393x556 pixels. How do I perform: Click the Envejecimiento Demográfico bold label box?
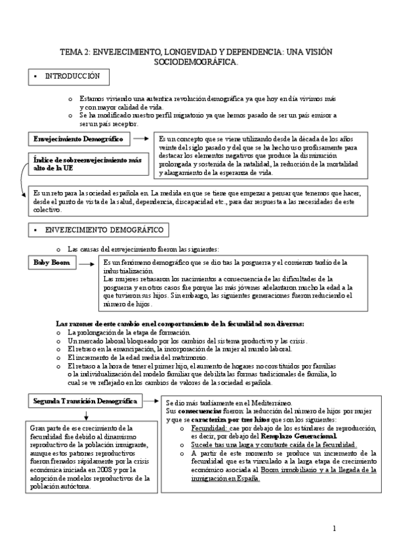pyautogui.click(x=79, y=138)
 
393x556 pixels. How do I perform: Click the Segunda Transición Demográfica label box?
pyautogui.click(x=85, y=400)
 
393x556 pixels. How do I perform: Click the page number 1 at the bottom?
pyautogui.click(x=334, y=528)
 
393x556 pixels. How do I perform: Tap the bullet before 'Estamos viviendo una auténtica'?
pyautogui.click(x=70, y=98)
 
